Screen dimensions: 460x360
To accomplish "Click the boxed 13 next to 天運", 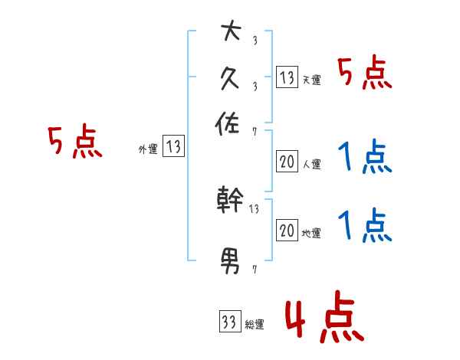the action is (x=287, y=77).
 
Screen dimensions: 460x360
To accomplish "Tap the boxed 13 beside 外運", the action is (x=174, y=146).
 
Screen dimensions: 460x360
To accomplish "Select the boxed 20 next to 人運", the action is (x=287, y=162).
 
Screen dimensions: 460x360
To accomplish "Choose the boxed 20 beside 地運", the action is (x=287, y=231).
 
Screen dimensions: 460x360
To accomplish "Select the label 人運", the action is (x=311, y=165).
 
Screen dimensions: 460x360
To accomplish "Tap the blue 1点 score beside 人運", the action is (x=364, y=158).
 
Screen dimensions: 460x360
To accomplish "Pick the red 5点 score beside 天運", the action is (x=364, y=74).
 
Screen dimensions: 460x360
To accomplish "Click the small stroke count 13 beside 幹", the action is (x=255, y=208).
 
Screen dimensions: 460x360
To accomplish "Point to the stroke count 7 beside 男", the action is (x=255, y=270).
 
